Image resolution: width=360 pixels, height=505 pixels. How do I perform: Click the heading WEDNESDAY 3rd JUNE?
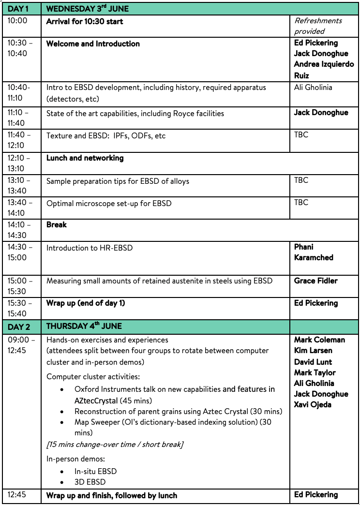point(88,9)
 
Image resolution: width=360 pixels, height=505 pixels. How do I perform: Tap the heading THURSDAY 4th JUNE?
point(84,326)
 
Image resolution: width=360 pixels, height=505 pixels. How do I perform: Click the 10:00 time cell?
point(17,21)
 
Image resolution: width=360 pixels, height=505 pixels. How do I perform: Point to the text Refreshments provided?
point(318,26)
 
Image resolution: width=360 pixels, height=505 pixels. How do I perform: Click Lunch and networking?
point(85,158)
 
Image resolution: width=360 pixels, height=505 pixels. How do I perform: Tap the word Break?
point(57,224)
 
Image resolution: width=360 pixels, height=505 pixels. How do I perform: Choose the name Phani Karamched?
point(314,252)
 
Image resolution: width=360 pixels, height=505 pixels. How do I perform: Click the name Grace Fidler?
point(316,281)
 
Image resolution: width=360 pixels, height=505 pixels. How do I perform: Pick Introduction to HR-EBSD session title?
point(90,248)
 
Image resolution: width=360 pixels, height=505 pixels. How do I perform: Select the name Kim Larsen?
point(313,350)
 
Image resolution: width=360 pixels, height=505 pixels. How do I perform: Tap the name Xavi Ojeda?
point(313,404)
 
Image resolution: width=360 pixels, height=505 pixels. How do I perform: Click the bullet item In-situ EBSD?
point(95,471)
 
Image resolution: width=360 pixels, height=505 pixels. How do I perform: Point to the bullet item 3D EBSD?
point(90,482)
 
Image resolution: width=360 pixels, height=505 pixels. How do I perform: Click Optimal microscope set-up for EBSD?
point(109,204)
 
